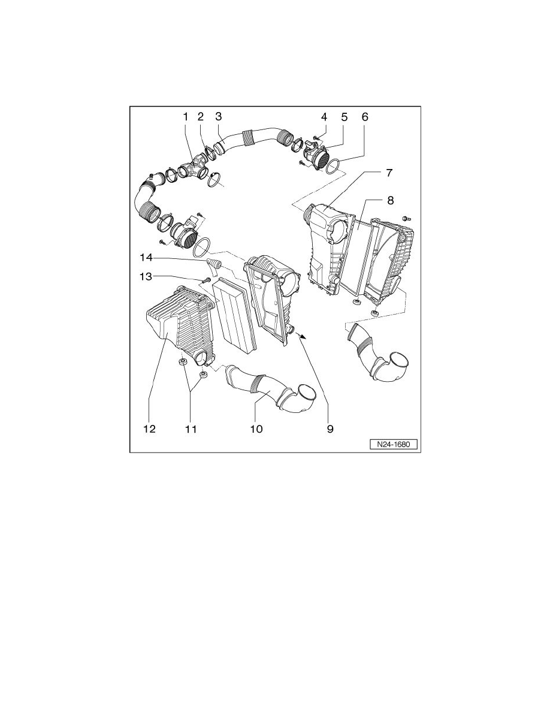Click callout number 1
186,116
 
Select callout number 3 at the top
219,116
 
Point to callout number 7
389,173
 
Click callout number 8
390,200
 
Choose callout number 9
330,429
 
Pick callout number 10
256,429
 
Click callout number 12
149,429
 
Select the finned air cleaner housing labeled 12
180,324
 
